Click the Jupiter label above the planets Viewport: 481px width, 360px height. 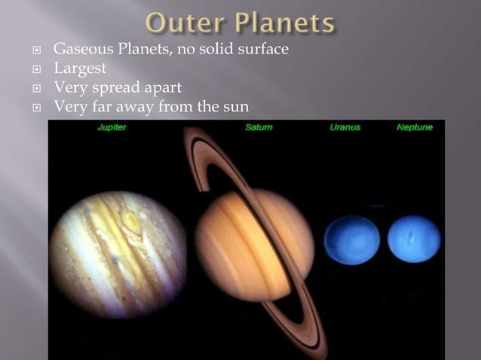coord(112,128)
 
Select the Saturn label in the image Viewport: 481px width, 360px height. coord(259,128)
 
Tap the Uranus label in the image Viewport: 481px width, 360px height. coord(345,128)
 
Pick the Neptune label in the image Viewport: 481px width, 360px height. coord(415,128)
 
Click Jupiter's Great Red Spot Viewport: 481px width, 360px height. coord(132,221)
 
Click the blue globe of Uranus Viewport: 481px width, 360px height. coord(351,239)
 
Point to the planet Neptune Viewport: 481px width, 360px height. coord(414,239)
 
